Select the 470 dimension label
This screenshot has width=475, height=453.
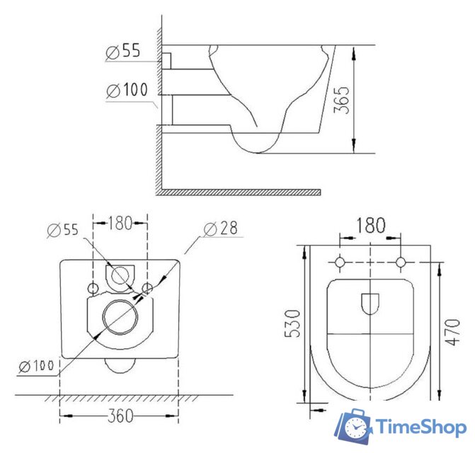click(x=450, y=331)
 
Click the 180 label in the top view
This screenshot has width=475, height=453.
click(x=371, y=226)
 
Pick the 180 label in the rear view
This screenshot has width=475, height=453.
click(x=120, y=224)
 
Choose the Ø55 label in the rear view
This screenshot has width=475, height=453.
click(x=64, y=229)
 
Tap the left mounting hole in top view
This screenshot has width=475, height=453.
click(x=340, y=263)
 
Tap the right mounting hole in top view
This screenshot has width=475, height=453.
click(x=401, y=263)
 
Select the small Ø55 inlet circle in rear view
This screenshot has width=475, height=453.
click(x=120, y=275)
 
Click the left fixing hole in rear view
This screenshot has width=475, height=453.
click(x=93, y=288)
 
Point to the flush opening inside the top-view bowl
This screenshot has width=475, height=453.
click(x=370, y=304)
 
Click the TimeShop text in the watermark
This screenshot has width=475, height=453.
click(x=420, y=428)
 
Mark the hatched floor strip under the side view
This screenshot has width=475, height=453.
click(x=241, y=192)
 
